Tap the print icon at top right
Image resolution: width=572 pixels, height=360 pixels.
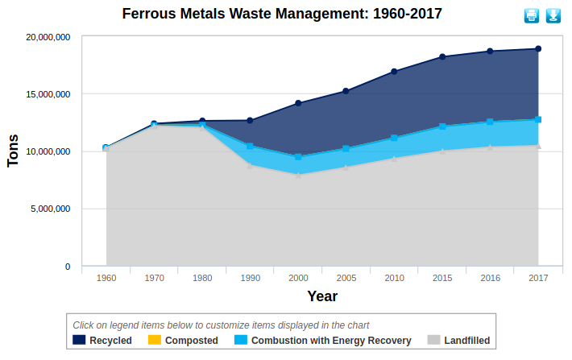[532, 15]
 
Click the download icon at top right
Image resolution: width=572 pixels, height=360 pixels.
[553, 15]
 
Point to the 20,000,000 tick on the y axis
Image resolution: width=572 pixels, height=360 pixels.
[48, 37]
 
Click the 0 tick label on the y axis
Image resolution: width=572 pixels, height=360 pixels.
[67, 267]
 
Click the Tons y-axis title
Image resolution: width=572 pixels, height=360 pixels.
[13, 151]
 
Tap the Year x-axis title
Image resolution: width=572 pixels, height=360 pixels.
[321, 296]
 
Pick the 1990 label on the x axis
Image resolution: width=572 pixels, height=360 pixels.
[251, 278]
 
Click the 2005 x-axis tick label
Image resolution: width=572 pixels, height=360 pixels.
[346, 278]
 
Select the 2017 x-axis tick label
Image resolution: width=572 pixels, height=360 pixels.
[538, 278]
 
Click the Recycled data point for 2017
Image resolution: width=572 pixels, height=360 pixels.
[538, 49]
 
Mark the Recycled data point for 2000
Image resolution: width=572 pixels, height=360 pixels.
[298, 103]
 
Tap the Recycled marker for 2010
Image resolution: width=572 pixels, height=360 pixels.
[394, 72]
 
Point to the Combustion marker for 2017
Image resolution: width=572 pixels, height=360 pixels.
[538, 119]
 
